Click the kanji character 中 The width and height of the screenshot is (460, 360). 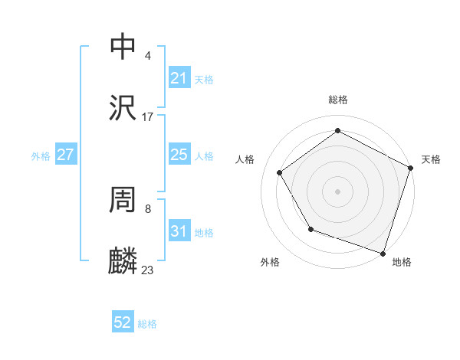tap(123, 47)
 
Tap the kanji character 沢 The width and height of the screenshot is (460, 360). tap(123, 108)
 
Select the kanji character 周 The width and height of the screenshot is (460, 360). tap(123, 200)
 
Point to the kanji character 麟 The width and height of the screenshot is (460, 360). tap(123, 261)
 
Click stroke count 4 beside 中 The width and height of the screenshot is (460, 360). tap(147, 56)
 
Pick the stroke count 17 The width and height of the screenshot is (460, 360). tap(147, 117)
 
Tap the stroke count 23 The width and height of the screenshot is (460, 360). tap(147, 270)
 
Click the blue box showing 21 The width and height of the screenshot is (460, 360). tap(179, 78)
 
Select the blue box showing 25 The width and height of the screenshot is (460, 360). tap(179, 155)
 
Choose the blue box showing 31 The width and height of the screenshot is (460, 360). tap(179, 231)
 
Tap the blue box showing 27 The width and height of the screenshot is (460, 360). tap(65, 155)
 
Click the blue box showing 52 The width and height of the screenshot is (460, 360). tap(123, 322)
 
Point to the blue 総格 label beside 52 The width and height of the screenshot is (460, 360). tap(147, 324)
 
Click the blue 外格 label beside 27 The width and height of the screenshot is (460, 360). tap(41, 156)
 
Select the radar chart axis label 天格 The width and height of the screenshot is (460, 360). tap(431, 159)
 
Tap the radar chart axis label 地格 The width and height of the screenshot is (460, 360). tap(402, 262)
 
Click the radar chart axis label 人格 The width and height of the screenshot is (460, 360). tap(245, 159)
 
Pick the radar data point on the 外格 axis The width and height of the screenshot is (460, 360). tap(310, 229)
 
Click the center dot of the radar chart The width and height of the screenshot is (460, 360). tap(338, 191)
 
